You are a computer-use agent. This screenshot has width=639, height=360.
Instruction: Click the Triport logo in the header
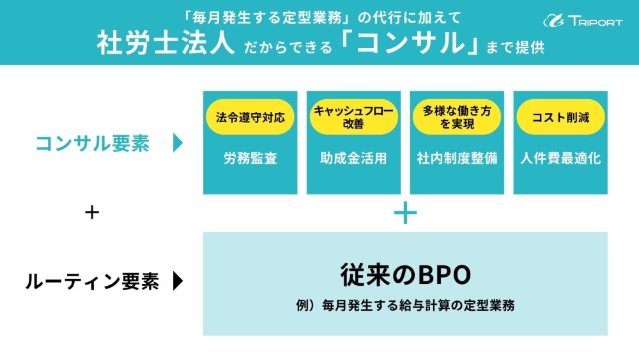pyautogui.click(x=582, y=20)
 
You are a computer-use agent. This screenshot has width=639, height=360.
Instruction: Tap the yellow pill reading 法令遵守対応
pyautogui.click(x=250, y=117)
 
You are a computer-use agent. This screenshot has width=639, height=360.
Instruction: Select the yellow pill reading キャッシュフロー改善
pyautogui.click(x=353, y=117)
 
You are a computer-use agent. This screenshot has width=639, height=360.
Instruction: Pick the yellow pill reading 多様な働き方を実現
pyautogui.click(x=457, y=117)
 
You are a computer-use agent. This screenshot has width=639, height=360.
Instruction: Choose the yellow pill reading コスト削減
pyautogui.click(x=560, y=117)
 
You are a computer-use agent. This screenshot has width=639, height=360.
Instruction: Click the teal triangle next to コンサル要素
pyautogui.click(x=178, y=144)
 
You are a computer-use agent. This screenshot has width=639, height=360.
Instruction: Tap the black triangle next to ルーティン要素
pyautogui.click(x=178, y=281)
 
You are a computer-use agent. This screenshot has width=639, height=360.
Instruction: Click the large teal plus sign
pyautogui.click(x=405, y=213)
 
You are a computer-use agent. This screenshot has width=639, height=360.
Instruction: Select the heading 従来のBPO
pyautogui.click(x=405, y=275)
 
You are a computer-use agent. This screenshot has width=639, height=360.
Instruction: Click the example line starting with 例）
pyautogui.click(x=405, y=306)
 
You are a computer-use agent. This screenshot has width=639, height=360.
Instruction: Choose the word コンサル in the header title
pyautogui.click(x=410, y=43)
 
